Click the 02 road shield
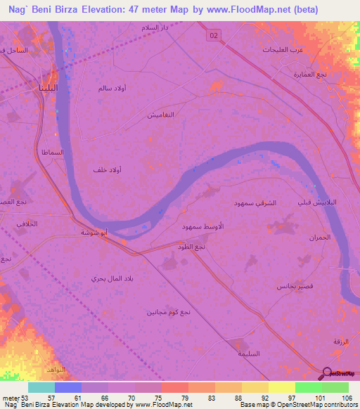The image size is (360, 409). (213, 34)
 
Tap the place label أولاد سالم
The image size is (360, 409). (112, 89)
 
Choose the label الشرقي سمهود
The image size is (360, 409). (256, 202)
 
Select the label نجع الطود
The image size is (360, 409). (191, 247)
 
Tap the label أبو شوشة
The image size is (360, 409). (94, 232)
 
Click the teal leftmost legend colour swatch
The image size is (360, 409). (41, 387)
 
